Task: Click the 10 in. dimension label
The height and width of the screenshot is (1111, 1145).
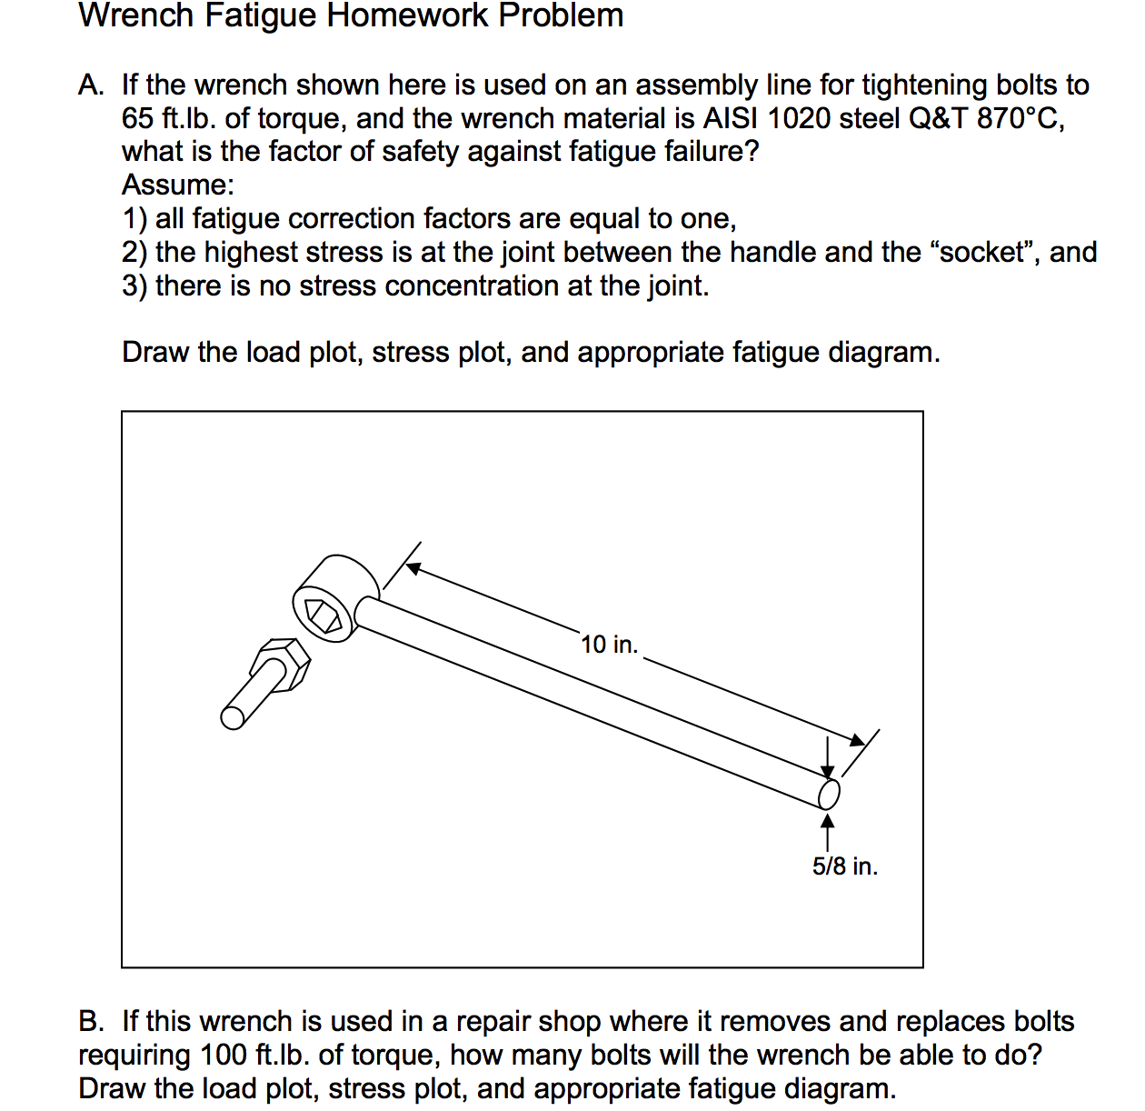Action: pos(609,645)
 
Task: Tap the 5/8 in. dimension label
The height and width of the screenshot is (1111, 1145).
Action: pos(844,866)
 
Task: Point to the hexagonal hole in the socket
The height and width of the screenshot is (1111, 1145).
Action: pos(324,616)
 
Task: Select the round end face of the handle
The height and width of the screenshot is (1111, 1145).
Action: pos(829,794)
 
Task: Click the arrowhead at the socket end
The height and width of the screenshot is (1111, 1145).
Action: pos(413,569)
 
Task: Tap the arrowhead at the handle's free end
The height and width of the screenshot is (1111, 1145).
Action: pos(857,740)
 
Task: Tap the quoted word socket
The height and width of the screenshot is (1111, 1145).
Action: pos(985,252)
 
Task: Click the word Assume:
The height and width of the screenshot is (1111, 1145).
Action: pos(178,185)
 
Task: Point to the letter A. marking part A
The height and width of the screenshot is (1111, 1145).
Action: pos(90,85)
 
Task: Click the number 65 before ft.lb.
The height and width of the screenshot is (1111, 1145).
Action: pos(137,118)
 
